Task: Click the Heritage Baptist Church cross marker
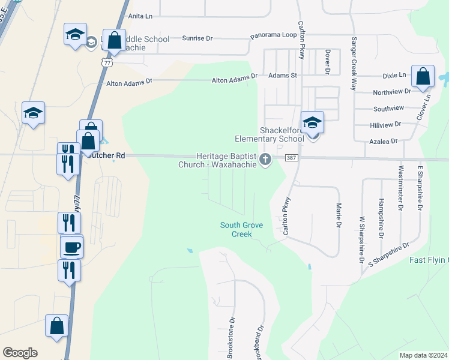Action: tap(265, 159)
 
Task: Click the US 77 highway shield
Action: tap(107, 61)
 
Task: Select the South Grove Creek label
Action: tap(236, 229)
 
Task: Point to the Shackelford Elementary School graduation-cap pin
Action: tap(312, 123)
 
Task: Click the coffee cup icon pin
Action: tap(72, 247)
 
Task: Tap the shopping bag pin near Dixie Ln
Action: tap(423, 77)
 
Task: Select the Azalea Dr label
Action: tap(386, 141)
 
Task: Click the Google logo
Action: tap(20, 353)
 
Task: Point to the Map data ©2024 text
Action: tap(424, 355)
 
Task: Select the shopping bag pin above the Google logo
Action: tap(57, 327)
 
